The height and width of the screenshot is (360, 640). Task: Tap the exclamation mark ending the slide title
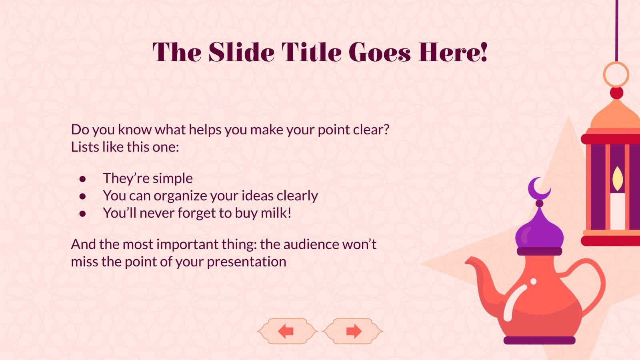pos(484,52)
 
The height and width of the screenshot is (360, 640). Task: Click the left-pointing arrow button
pos(286,331)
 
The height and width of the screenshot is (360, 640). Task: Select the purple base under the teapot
pos(539,340)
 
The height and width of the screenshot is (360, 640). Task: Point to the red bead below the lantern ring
pos(616,93)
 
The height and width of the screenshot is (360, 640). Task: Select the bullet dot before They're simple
pos(83,178)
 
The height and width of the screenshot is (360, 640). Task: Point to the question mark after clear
pos(386,130)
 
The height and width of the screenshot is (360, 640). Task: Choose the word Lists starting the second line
pos(85,147)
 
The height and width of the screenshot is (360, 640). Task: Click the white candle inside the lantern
pos(618,210)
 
